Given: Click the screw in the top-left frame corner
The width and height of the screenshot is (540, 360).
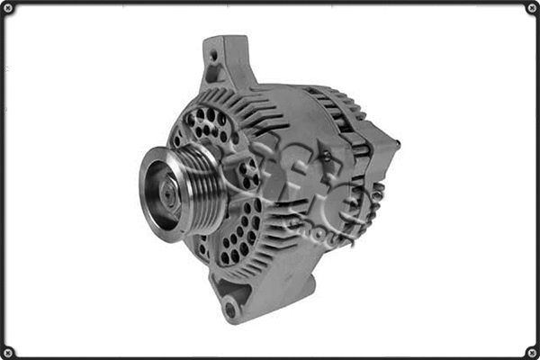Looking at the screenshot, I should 9,9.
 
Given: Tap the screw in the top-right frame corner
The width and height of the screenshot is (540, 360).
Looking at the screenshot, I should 531,9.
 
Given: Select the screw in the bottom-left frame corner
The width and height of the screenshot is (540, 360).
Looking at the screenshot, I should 9,351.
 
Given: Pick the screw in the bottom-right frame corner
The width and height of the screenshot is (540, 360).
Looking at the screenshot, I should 531,351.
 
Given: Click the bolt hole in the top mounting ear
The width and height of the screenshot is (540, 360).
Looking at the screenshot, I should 214,54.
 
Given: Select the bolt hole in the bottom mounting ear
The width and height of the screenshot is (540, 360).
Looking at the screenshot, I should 232,310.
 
